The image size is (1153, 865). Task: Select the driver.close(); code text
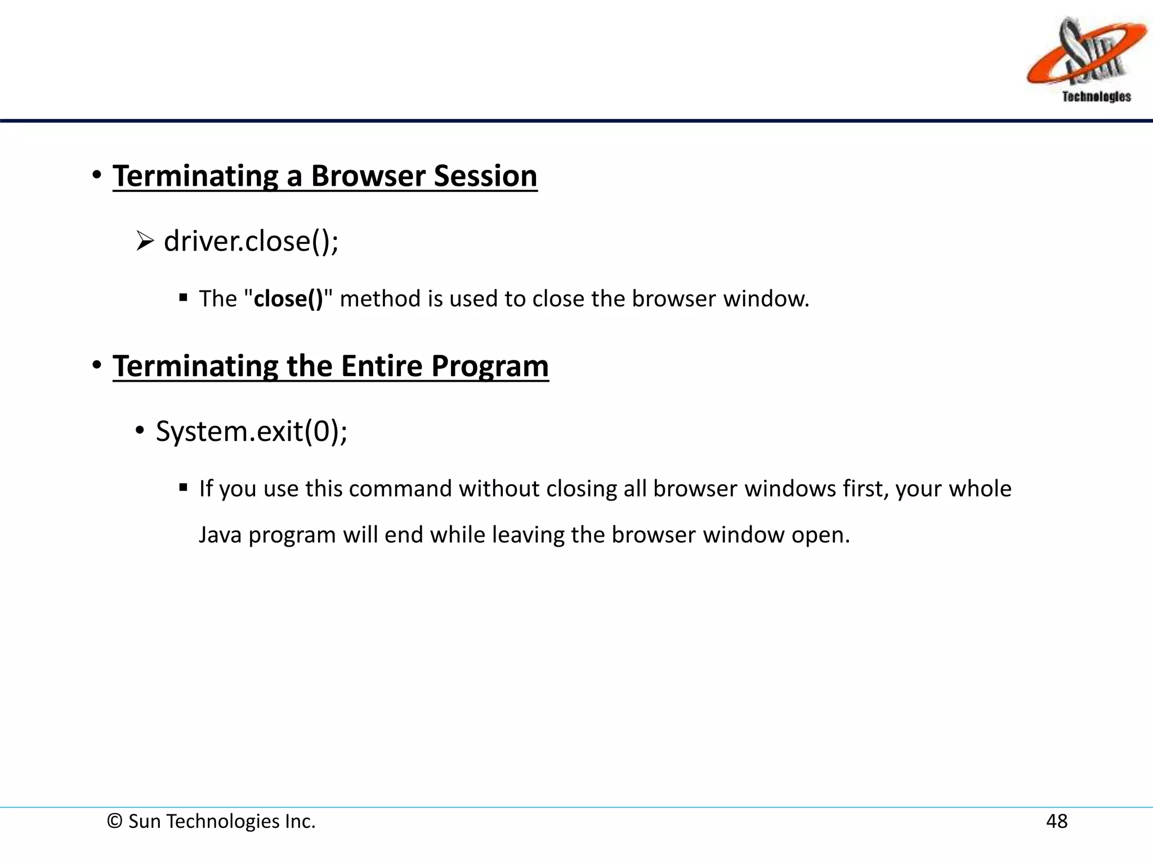251,241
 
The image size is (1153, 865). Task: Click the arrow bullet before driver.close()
145,242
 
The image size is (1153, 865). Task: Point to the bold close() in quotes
288,299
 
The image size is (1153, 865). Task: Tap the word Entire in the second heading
382,366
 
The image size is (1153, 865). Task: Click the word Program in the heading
490,367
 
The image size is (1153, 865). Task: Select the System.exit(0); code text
252,431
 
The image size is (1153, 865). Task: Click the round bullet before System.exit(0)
140,431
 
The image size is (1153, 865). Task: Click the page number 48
1056,822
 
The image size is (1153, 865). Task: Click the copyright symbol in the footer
115,822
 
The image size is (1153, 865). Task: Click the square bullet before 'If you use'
183,488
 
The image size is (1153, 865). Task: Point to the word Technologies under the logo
1096,97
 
